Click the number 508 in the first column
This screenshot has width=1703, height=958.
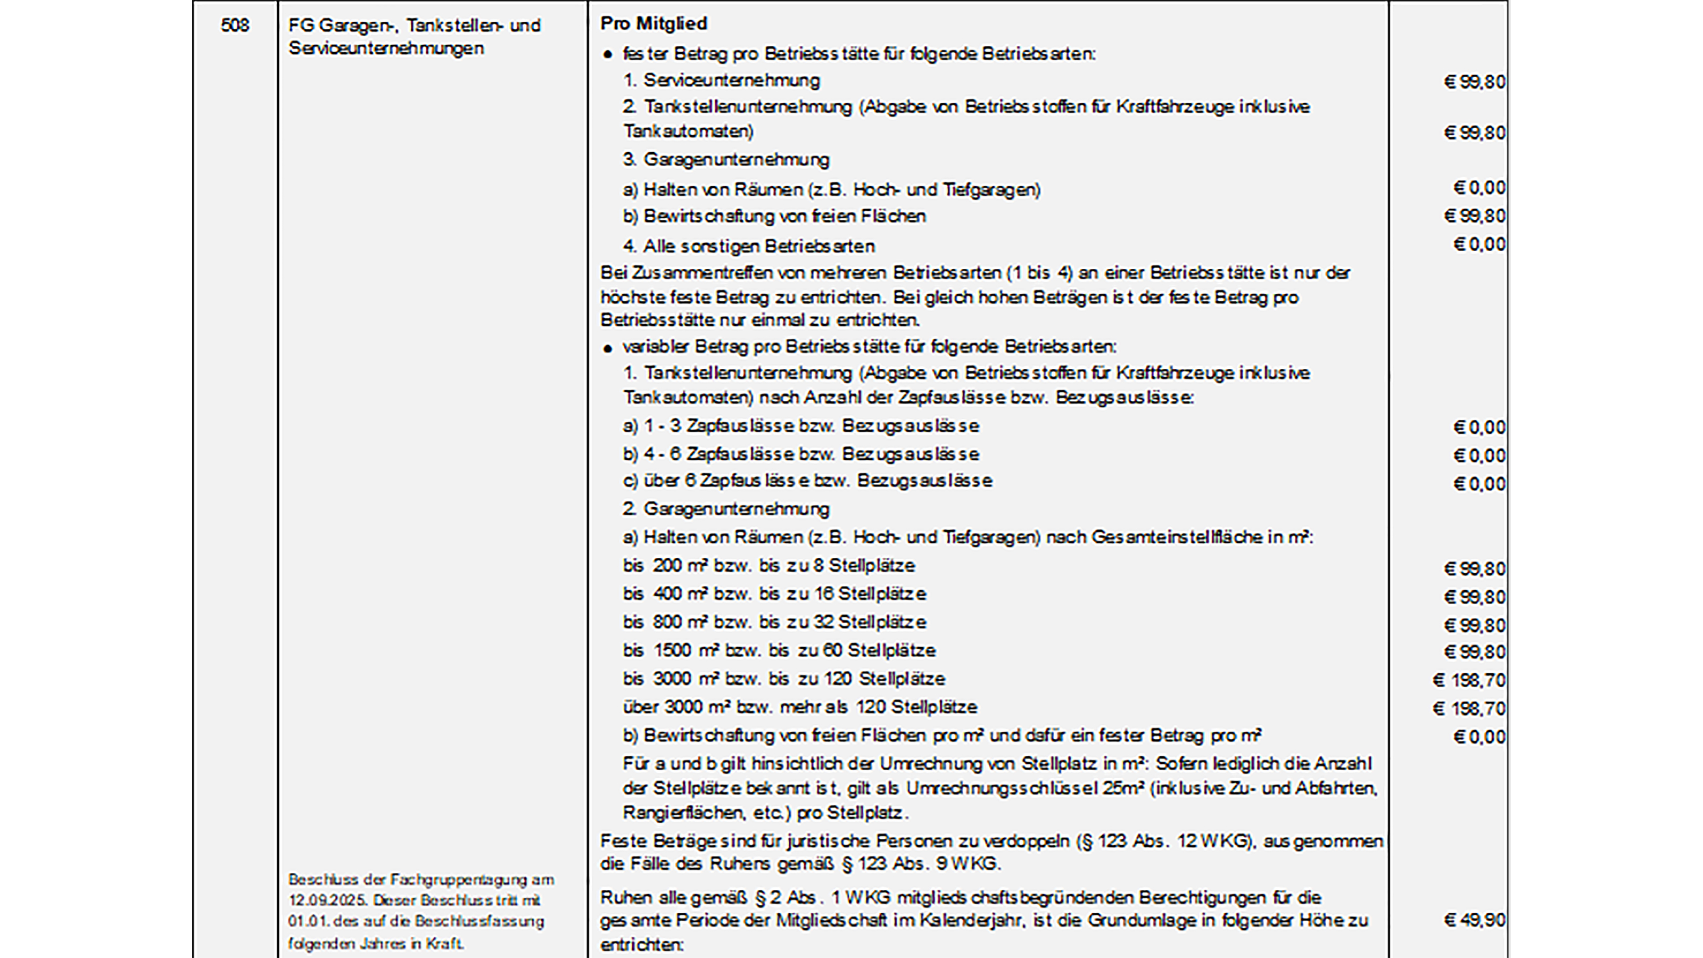click(x=235, y=26)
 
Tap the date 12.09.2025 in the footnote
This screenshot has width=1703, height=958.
click(x=319, y=901)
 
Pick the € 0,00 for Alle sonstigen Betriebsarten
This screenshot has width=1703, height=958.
click(x=1478, y=245)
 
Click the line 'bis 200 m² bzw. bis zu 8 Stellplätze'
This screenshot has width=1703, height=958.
click(x=768, y=566)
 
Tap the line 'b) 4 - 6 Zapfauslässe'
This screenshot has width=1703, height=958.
click(x=800, y=454)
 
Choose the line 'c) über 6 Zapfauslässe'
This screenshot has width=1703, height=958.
click(x=807, y=481)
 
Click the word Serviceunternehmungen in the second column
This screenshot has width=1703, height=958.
click(x=386, y=48)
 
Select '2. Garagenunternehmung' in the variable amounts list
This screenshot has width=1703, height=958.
click(x=725, y=509)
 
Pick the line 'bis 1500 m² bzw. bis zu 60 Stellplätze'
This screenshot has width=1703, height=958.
click(x=779, y=650)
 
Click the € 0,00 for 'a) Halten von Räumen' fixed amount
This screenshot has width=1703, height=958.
click(x=1478, y=188)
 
